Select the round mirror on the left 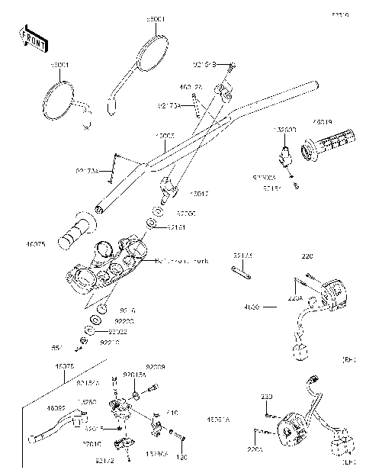pos(59,101)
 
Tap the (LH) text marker pos(350,462)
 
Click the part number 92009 pos(156,367)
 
